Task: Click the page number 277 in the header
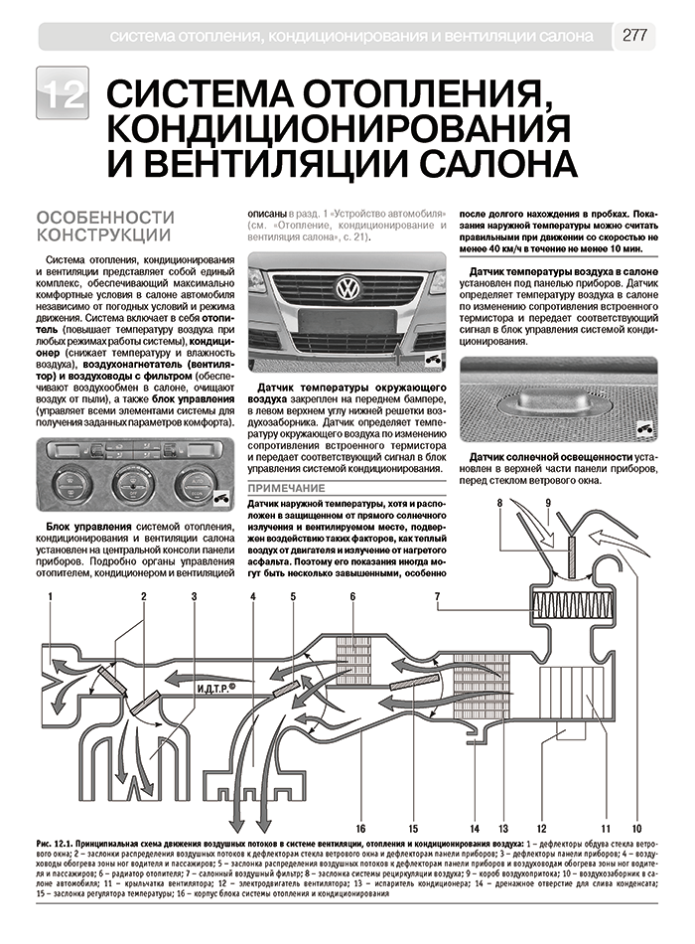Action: [x=634, y=36]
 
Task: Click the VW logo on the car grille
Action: [x=348, y=290]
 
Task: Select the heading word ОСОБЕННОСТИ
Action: [x=104, y=218]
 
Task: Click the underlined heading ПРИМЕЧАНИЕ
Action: [x=286, y=489]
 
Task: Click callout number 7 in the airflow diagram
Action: [x=436, y=597]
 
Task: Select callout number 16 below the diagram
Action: [x=361, y=828]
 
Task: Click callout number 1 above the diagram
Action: [x=50, y=597]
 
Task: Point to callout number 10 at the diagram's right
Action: [x=636, y=828]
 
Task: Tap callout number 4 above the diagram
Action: [x=253, y=597]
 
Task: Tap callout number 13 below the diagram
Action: [x=503, y=828]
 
